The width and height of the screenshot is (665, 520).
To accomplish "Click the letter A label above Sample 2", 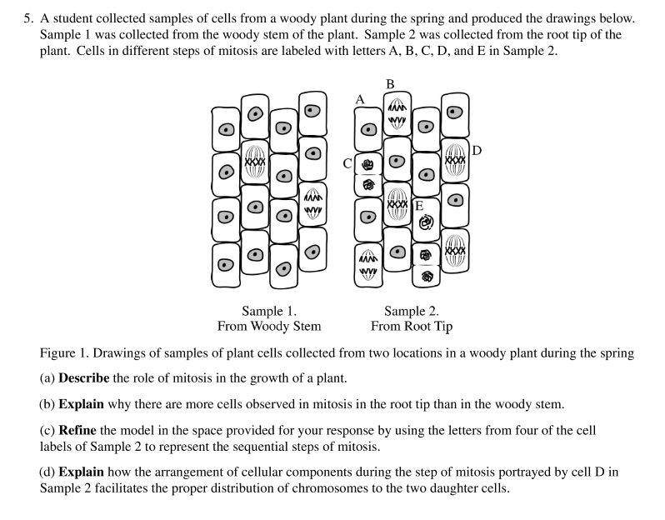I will coord(360,98).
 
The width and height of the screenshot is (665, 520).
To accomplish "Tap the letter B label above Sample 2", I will coord(390,83).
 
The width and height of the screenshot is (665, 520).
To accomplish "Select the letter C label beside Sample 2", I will coord(348,163).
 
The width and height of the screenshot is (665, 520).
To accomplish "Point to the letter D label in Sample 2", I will coord(476,151).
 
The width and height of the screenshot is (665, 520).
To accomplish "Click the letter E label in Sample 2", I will coord(418,205).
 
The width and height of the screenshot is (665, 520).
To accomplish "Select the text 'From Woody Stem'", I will coord(269,326).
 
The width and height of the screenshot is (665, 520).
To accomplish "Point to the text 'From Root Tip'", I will coord(412,326).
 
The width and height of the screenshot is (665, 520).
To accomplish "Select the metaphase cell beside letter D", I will coord(455,158).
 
